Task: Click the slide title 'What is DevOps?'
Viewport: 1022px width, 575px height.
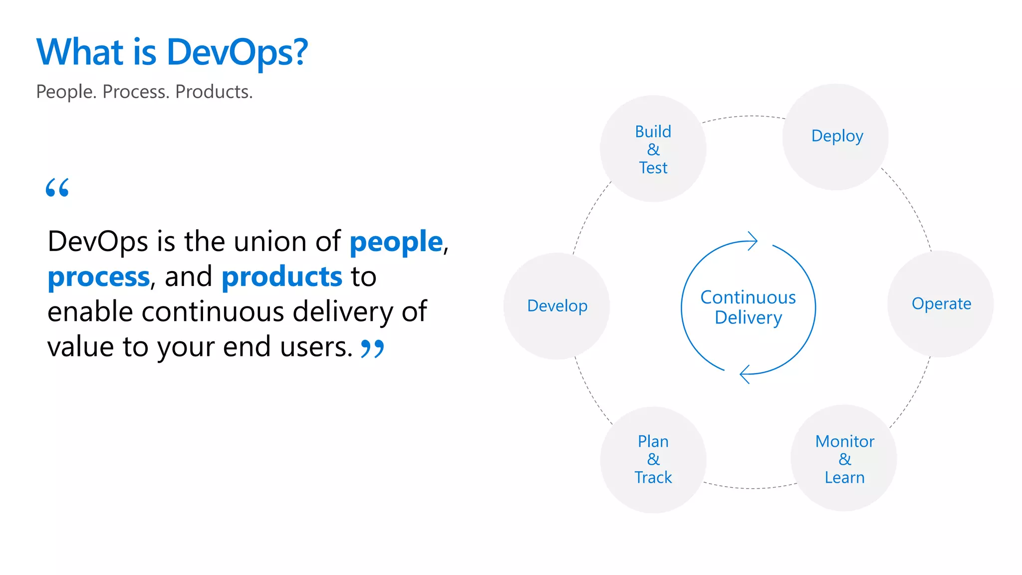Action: (x=172, y=52)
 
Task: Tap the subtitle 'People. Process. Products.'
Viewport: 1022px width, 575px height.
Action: (x=144, y=92)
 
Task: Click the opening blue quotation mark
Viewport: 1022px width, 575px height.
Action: (x=57, y=188)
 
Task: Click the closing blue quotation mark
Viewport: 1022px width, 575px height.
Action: (x=372, y=349)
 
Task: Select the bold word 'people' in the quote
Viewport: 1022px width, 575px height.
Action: (x=396, y=243)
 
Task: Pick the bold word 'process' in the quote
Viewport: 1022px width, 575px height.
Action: (x=98, y=278)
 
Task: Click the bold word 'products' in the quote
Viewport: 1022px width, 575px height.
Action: (x=281, y=278)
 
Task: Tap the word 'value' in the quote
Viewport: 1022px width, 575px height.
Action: (x=80, y=347)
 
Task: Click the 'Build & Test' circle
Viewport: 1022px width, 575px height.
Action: (x=653, y=149)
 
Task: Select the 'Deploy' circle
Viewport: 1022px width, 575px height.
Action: (x=836, y=136)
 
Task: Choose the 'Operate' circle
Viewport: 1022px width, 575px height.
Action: (x=941, y=303)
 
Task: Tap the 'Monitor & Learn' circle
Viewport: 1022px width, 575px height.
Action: (x=844, y=458)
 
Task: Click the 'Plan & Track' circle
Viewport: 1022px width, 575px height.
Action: (x=653, y=459)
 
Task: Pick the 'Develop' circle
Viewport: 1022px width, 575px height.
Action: (x=557, y=305)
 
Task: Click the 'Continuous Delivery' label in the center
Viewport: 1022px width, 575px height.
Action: (x=748, y=307)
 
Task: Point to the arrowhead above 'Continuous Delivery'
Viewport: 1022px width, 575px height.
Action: (x=752, y=241)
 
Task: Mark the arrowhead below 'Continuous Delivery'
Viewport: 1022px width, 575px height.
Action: (x=745, y=374)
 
